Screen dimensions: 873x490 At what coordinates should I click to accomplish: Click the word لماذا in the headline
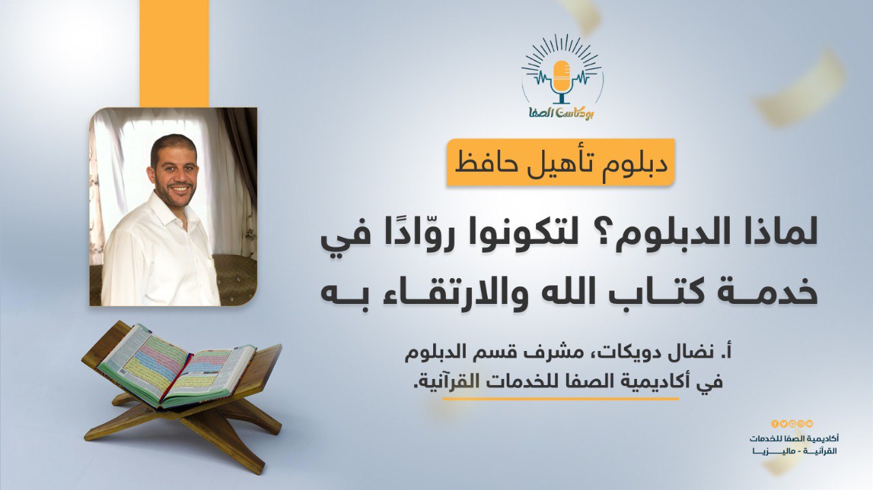776,236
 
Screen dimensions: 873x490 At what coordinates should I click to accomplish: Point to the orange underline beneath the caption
561,399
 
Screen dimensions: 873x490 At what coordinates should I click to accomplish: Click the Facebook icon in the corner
774,424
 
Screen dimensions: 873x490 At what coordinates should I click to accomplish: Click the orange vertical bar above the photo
174,53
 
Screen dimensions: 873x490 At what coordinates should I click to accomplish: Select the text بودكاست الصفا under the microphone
560,113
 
